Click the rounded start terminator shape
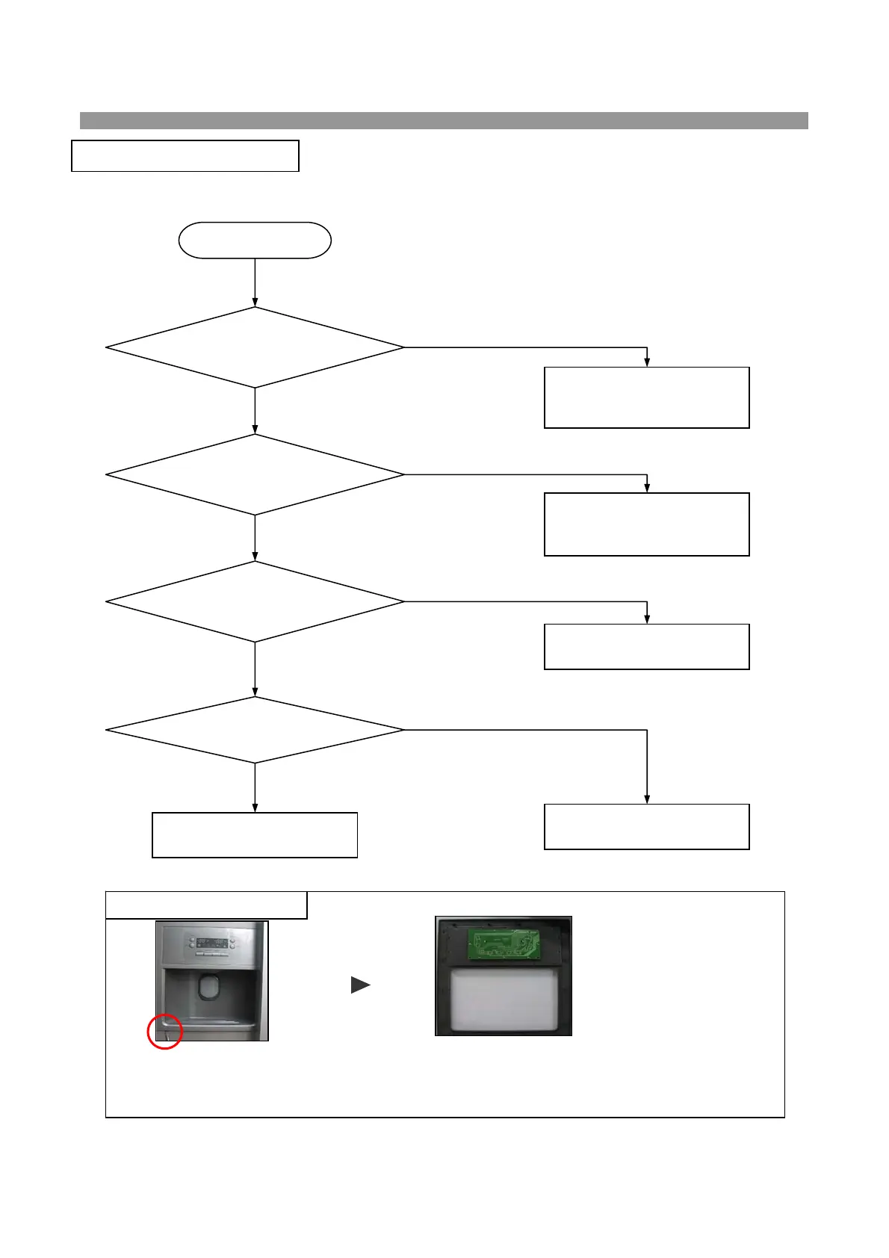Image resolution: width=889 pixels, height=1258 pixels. click(255, 241)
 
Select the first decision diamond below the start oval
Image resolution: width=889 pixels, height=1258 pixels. click(255, 347)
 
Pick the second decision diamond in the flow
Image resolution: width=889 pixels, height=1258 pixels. click(255, 474)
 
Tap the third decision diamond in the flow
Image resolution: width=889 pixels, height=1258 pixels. click(255, 601)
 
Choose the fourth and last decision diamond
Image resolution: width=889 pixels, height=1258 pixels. click(255, 730)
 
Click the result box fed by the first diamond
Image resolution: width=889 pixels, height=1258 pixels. click(646, 397)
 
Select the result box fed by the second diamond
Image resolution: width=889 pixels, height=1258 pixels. click(646, 524)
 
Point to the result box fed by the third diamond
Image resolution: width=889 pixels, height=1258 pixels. click(646, 647)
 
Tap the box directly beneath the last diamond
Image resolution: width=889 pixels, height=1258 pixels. click(255, 835)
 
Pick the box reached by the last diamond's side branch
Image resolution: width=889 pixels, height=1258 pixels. click(646, 827)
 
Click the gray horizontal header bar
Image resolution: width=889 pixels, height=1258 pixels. click(444, 120)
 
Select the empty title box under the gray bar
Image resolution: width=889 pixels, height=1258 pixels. click(185, 155)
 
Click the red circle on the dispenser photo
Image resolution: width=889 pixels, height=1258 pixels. click(164, 1032)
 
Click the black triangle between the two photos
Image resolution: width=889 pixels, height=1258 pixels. click(360, 985)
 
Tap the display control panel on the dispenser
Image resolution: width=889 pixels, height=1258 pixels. click(211, 941)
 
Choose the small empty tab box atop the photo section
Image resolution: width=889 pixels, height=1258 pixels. click(206, 905)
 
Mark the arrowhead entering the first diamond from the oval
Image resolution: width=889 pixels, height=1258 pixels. click(255, 303)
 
